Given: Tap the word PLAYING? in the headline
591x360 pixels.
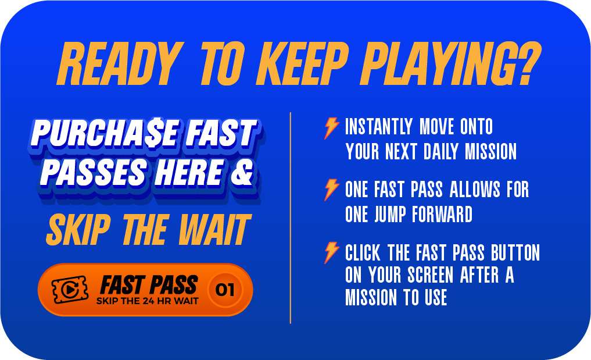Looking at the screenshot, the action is [x=451, y=63].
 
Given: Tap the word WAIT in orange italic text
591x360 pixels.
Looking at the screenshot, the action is [x=214, y=229].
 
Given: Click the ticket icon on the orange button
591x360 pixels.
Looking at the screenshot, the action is [x=70, y=290].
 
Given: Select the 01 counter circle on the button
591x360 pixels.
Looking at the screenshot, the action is [x=225, y=290].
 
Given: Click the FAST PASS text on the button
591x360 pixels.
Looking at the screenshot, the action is [x=149, y=285].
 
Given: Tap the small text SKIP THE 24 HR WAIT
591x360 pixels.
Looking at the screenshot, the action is [x=148, y=301].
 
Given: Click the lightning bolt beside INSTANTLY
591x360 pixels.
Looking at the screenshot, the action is [x=331, y=128].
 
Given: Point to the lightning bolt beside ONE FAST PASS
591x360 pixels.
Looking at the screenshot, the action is [x=331, y=190].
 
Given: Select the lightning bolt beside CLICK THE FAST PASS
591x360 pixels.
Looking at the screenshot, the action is [x=331, y=252].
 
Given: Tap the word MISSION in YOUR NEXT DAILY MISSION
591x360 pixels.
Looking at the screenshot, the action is [x=490, y=151].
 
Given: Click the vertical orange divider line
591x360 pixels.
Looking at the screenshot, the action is [x=290, y=218].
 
